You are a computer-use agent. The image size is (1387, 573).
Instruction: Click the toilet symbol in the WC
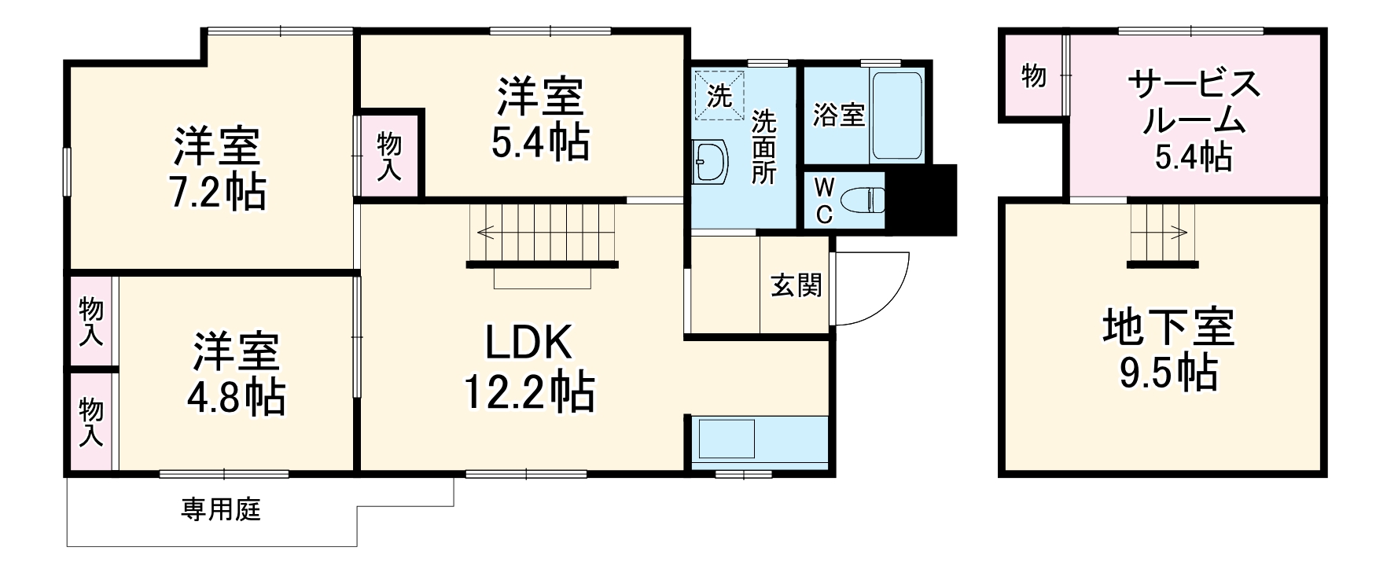pos(863,201)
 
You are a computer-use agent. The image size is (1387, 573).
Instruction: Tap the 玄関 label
pos(796,285)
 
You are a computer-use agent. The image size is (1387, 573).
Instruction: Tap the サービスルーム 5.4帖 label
pos(1193,119)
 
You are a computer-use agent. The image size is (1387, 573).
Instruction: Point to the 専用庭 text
pos(221,510)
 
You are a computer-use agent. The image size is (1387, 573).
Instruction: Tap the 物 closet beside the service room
pos(1033,77)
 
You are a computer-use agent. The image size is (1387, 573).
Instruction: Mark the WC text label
pos(822,200)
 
